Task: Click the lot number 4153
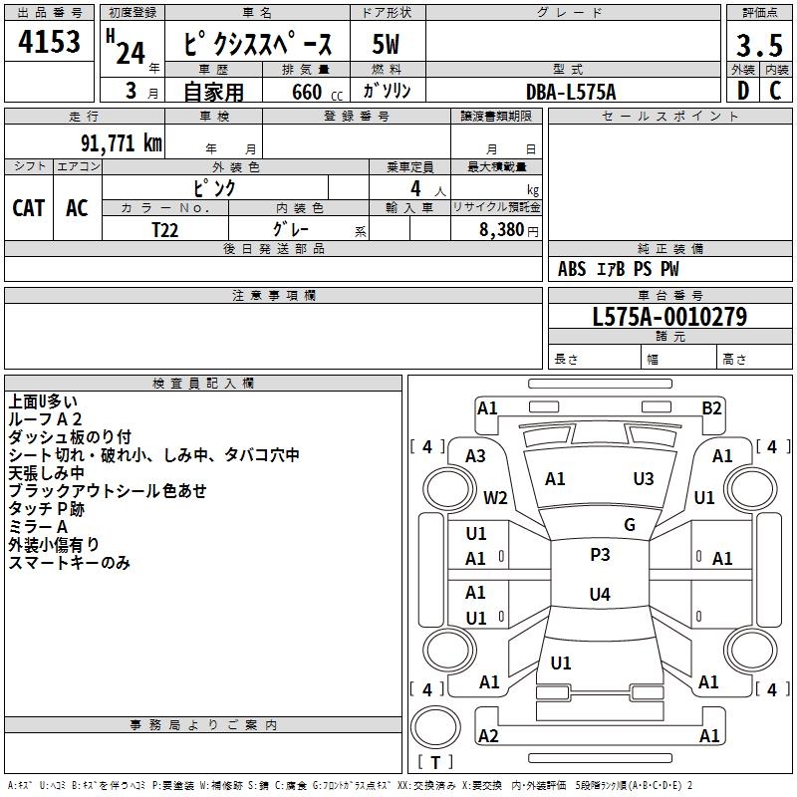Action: [x=49, y=45]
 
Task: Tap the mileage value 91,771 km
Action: [x=114, y=142]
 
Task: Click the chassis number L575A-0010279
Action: [x=668, y=318]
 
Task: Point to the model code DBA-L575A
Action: [x=571, y=92]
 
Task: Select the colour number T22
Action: [x=165, y=228]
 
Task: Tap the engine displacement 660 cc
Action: [x=300, y=92]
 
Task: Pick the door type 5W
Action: [x=387, y=45]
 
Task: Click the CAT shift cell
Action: [x=29, y=207]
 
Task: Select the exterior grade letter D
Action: [x=742, y=92]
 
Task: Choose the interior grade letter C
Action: [x=776, y=92]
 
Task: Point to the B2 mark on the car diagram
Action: [x=711, y=407]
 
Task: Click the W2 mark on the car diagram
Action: [x=495, y=497]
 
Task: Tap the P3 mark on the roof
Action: [x=600, y=555]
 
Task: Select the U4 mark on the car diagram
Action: [x=600, y=595]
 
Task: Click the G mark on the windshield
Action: [x=629, y=525]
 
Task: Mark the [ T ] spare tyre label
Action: [x=434, y=762]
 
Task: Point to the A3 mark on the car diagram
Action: [x=475, y=455]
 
